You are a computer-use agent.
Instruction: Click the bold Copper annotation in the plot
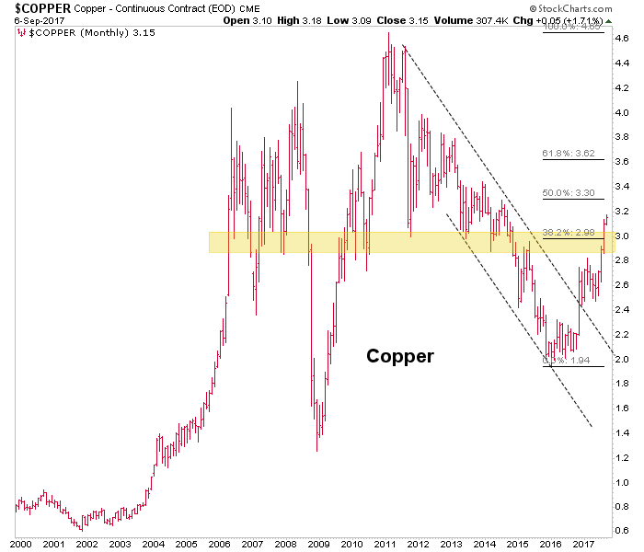tap(399, 356)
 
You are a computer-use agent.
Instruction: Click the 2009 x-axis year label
tap(318, 544)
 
